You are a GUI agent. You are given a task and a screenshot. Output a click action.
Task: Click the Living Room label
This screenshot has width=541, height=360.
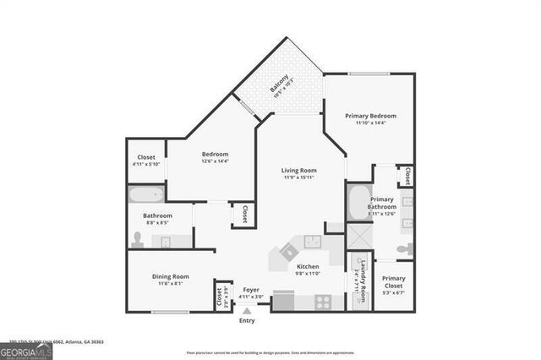click(298, 170)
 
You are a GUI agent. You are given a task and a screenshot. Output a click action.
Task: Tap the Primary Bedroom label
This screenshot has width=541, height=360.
click(370, 115)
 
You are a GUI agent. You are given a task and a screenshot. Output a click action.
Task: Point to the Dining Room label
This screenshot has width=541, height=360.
click(170, 276)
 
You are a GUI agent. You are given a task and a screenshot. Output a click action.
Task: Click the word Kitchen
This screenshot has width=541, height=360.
click(307, 266)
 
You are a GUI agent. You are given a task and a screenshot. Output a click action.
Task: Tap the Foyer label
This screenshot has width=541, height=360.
click(251, 290)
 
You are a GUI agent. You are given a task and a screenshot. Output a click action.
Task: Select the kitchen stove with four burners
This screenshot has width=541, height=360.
click(323, 300)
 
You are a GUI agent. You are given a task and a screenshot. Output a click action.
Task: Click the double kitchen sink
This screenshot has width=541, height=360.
click(313, 241)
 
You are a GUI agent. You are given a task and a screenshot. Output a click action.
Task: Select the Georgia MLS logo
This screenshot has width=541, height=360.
click(26, 349)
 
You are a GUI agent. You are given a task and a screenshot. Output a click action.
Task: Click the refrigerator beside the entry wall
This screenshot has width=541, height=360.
click(282, 301)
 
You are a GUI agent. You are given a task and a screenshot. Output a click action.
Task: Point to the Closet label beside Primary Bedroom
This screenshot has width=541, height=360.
click(407, 175)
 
